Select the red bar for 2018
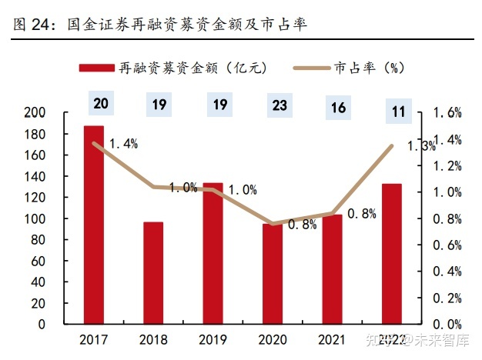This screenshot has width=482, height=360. click(153, 273)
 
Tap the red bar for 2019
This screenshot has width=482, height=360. click(213, 253)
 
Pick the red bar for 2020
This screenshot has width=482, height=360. click(273, 274)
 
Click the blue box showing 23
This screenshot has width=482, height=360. click(279, 104)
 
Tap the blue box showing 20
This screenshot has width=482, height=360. click(100, 102)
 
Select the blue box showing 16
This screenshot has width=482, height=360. click(338, 107)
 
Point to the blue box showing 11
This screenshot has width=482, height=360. click(398, 112)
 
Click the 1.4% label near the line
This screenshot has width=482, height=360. click(123, 144)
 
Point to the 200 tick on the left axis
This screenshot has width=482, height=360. click(58, 113)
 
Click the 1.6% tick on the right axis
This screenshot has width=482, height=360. click(447, 113)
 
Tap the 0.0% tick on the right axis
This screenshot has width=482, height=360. click(447, 325)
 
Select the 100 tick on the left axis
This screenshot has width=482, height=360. click(58, 219)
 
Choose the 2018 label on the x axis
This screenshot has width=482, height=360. click(153, 340)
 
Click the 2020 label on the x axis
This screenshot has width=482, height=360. click(273, 340)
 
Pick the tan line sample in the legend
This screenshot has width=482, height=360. click(310, 68)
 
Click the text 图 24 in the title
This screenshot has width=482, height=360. click(30, 26)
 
